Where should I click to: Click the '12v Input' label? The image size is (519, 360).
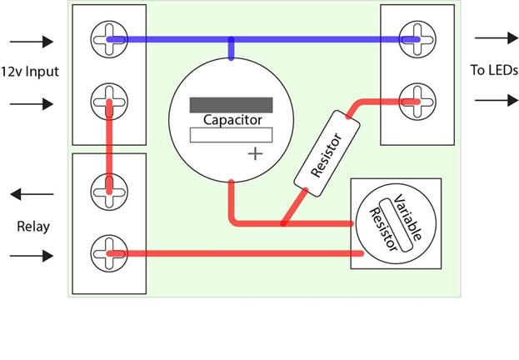pos(30,72)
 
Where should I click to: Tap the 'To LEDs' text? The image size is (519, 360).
pos(494,70)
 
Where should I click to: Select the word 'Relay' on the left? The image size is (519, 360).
pos(33,227)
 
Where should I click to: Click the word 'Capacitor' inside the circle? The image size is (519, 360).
pos(232,120)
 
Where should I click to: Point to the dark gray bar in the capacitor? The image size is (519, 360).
pos(231,105)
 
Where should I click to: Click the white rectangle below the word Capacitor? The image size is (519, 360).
pos(231,135)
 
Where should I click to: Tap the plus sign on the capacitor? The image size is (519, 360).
pos(255,154)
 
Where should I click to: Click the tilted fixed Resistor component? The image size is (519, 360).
pos(327,153)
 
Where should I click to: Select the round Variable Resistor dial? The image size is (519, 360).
pos(396,223)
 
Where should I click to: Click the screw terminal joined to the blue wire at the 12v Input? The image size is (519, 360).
pos(109,39)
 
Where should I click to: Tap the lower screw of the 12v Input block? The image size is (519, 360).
pos(109,102)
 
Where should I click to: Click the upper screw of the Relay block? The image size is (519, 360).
pos(109,192)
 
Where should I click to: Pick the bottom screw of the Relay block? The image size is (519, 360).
pos(109,253)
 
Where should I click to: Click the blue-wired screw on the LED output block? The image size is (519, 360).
pos(417,39)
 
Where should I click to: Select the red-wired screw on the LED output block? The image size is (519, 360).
pos(417,102)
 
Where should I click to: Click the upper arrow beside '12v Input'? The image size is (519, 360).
pos(32,42)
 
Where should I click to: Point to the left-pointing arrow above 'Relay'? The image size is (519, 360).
pos(32,194)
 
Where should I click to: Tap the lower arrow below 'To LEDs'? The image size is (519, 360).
pos(497,100)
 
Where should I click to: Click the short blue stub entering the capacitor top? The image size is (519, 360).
pos(232,48)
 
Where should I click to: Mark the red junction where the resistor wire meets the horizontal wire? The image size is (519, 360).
pos(283,223)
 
